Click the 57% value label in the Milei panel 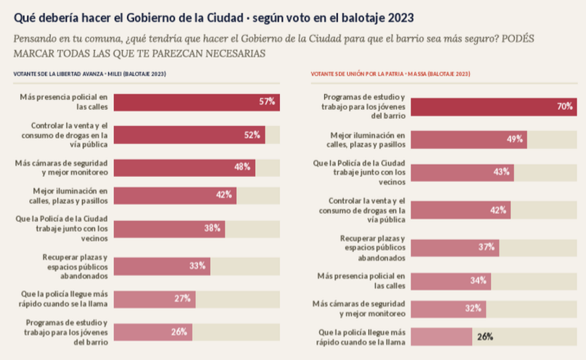pyautogui.click(x=267, y=102)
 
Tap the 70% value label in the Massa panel pyautogui.click(x=565, y=106)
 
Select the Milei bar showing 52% pyautogui.click(x=189, y=135)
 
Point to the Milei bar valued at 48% pyautogui.click(x=185, y=168)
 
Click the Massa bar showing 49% pyautogui.click(x=469, y=140)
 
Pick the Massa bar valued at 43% pyautogui.click(x=462, y=173)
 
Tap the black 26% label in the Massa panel pyautogui.click(x=485, y=337)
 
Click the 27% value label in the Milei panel pyautogui.click(x=183, y=299)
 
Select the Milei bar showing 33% pyautogui.click(x=162, y=266)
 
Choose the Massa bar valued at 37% pyautogui.click(x=455, y=248)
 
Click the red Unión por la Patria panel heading pyautogui.click(x=390, y=74)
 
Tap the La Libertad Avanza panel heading pyautogui.click(x=90, y=74)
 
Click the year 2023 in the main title pyautogui.click(x=401, y=18)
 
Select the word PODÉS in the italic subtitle pyautogui.click(x=518, y=38)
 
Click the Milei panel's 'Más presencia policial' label pyautogui.click(x=64, y=102)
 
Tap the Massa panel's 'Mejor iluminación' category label pyautogui.click(x=366, y=140)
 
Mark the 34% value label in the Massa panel pyautogui.click(x=478, y=280)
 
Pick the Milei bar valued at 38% pyautogui.click(x=169, y=229)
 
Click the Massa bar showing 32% pyautogui.click(x=449, y=309)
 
